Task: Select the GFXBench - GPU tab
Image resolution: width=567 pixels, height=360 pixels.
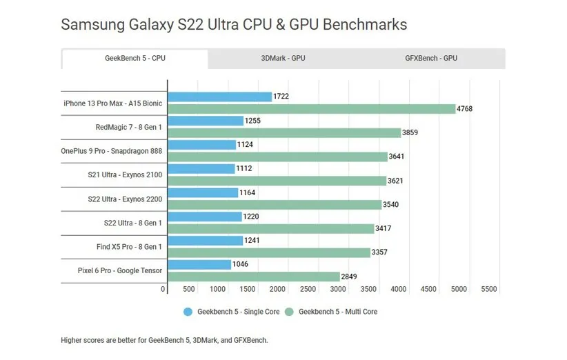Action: pyautogui.click(x=431, y=59)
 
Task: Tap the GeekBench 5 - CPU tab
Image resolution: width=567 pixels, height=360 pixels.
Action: pyautogui.click(x=135, y=59)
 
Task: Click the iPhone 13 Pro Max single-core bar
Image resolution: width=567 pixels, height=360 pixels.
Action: pyautogui.click(x=219, y=97)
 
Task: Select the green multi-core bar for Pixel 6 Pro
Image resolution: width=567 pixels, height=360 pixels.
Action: pyautogui.click(x=253, y=277)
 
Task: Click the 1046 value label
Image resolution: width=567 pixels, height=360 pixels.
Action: pyautogui.click(x=241, y=264)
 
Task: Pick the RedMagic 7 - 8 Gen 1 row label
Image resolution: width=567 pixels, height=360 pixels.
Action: pyautogui.click(x=129, y=127)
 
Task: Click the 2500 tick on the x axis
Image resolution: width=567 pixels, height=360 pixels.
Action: pyautogui.click(x=308, y=290)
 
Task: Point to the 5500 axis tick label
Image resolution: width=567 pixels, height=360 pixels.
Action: pyautogui.click(x=488, y=290)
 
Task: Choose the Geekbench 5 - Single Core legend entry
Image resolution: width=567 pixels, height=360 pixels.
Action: pyautogui.click(x=231, y=312)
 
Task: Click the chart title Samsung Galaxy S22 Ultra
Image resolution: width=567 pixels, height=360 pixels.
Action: pyautogui.click(x=234, y=25)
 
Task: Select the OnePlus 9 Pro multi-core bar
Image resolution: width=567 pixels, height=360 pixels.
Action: pyautogui.click(x=277, y=157)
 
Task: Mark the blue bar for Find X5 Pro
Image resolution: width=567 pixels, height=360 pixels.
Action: pyautogui.click(x=205, y=241)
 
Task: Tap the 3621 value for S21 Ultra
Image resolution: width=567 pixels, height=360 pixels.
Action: pyautogui.click(x=397, y=181)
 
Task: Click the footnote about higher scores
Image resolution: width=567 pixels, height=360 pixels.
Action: pyautogui.click(x=163, y=340)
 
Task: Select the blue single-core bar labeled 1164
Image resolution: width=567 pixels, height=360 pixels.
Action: pyautogui.click(x=203, y=192)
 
